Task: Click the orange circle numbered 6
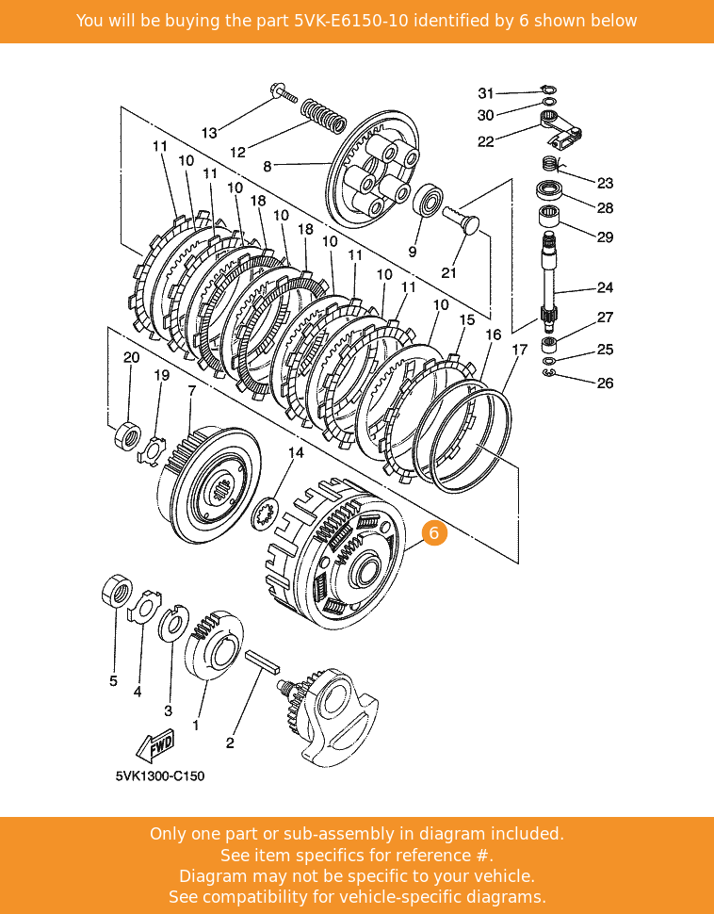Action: coord(433,532)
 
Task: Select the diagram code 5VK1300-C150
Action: coord(160,776)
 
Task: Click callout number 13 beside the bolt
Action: coord(209,133)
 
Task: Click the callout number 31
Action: coord(485,93)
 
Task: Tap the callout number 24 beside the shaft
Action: coord(605,288)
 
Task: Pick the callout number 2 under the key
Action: coord(230,743)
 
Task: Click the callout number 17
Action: coord(519,350)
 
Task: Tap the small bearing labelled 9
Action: coord(430,201)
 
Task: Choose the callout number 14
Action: coord(296,453)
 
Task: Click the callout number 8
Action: coord(267,166)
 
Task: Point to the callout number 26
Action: coord(605,384)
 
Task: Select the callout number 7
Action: coord(191,389)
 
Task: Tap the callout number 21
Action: coord(448,273)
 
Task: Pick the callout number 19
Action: coord(162,375)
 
